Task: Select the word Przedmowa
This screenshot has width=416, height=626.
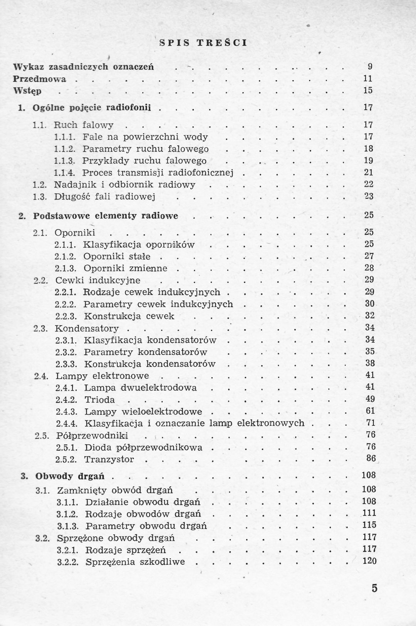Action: click(x=39, y=79)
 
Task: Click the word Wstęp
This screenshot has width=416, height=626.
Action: click(x=27, y=91)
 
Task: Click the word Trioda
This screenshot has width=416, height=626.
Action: click(x=99, y=400)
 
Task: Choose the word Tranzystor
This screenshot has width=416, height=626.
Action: click(x=109, y=459)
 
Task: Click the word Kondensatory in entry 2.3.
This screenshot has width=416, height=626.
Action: click(x=87, y=328)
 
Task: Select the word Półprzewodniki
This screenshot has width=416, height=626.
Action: click(x=92, y=435)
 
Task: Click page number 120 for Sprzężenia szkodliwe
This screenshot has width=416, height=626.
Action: click(x=369, y=561)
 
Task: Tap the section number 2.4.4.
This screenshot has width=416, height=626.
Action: click(x=67, y=423)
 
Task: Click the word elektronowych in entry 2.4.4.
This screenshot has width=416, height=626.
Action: click(x=270, y=423)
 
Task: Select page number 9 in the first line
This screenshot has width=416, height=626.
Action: click(x=370, y=66)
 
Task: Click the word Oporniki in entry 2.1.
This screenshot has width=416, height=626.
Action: click(x=75, y=232)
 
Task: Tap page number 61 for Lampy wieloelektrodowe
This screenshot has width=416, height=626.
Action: click(x=370, y=411)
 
